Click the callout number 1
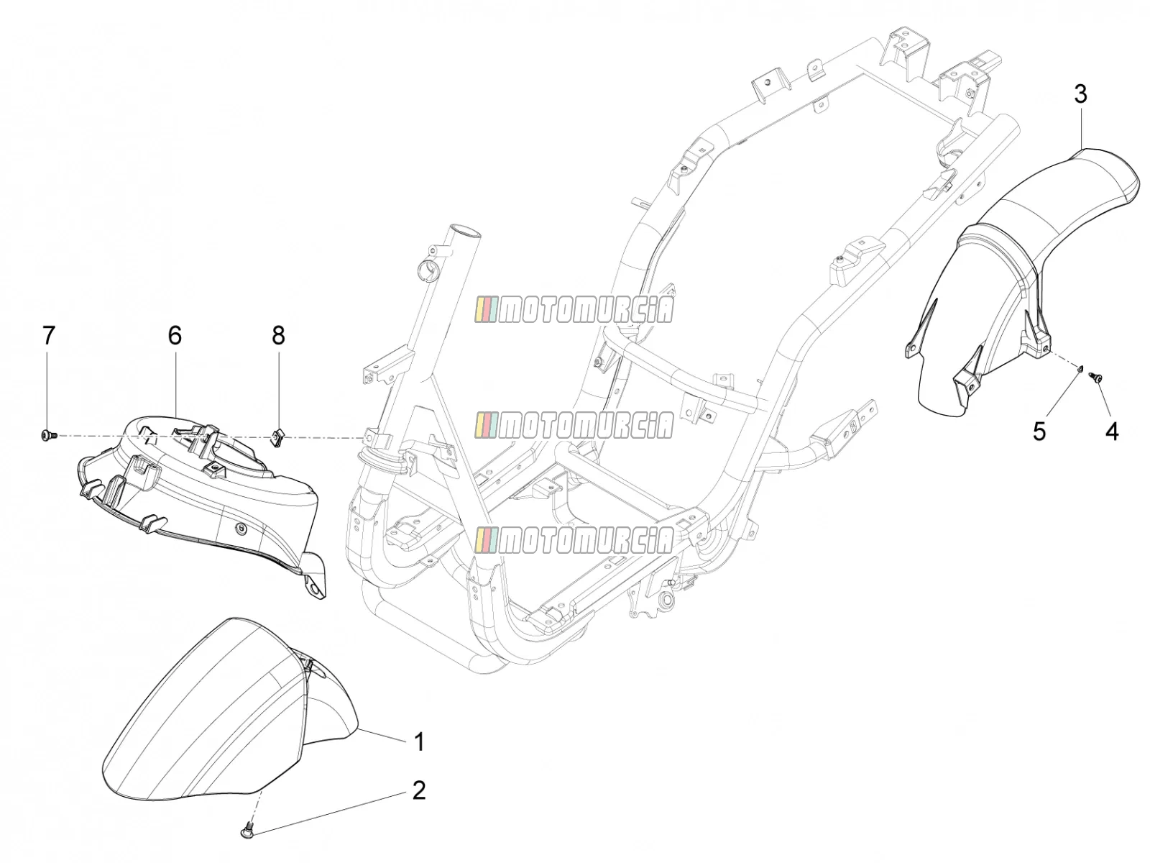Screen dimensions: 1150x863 (418, 742)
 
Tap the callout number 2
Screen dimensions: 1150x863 (418, 790)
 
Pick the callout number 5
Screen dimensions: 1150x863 (1039, 432)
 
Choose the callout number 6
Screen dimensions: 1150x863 (175, 335)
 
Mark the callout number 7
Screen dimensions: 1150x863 (48, 335)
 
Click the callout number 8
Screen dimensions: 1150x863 (278, 335)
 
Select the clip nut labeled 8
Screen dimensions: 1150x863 (277, 437)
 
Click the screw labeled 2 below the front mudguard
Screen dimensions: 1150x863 (247, 829)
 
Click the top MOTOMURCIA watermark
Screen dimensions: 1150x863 (574, 310)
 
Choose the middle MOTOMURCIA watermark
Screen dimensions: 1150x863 (574, 424)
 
